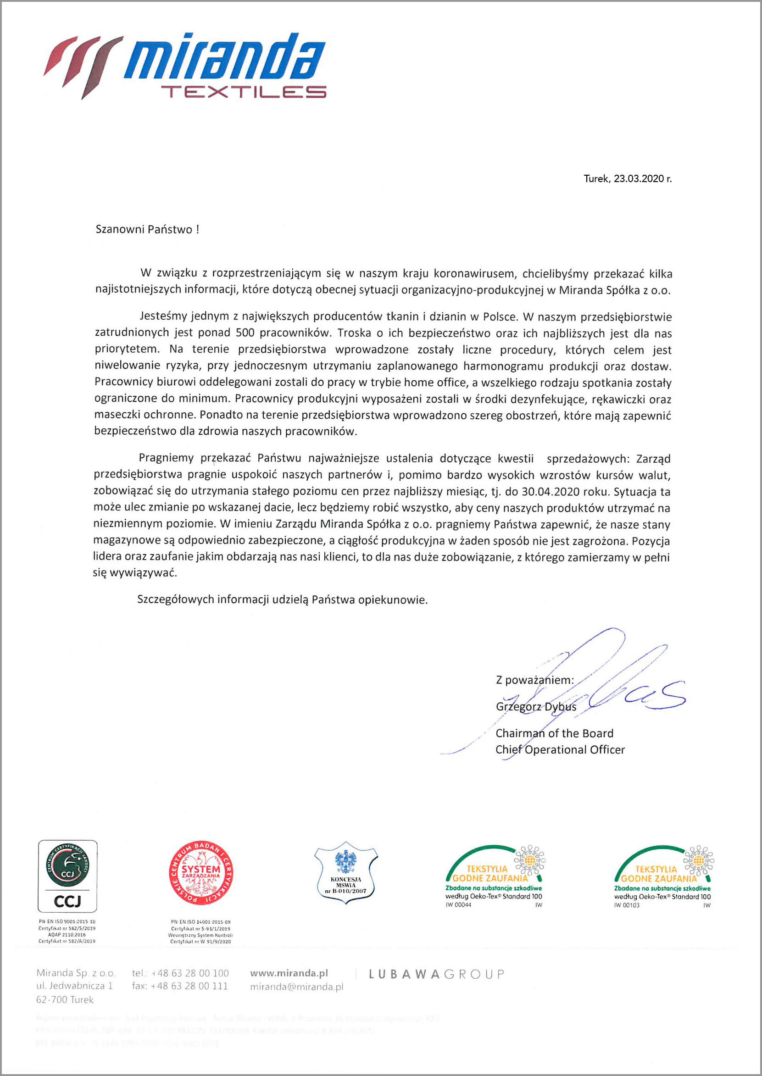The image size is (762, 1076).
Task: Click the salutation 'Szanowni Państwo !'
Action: coord(147,229)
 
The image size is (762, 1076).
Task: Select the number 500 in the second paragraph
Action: coord(245,333)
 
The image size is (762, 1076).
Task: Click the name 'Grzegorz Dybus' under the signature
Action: coord(536,707)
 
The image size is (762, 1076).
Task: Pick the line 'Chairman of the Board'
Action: coord(554,733)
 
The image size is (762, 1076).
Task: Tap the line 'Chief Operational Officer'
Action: coord(560,749)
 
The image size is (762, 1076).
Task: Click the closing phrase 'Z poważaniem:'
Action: coord(534,680)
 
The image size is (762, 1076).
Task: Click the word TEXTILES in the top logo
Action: coord(244,92)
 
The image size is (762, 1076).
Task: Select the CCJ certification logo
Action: coord(67,876)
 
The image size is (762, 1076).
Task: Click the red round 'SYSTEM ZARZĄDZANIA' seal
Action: coord(201,873)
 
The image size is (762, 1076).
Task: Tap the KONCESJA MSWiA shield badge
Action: coord(346,872)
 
